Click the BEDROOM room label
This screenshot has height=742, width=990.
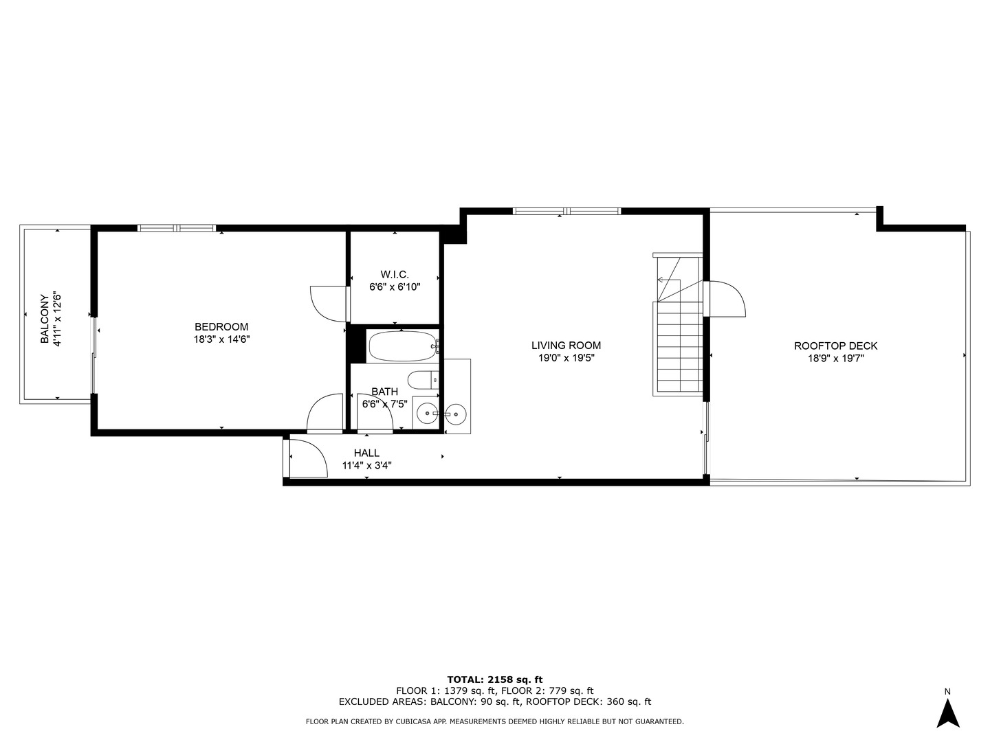pyautogui.click(x=221, y=327)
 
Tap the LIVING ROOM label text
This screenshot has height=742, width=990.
pyautogui.click(x=566, y=346)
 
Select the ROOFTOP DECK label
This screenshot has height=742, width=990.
pyautogui.click(x=835, y=346)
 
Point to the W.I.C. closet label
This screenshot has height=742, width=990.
pyautogui.click(x=395, y=275)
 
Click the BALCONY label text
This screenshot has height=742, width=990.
pyautogui.click(x=45, y=319)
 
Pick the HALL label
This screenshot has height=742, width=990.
pyautogui.click(x=366, y=453)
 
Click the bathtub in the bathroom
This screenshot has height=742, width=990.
pyautogui.click(x=402, y=346)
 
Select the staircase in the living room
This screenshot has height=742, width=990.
pyautogui.click(x=678, y=344)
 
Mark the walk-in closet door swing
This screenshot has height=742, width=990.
pyautogui.click(x=329, y=303)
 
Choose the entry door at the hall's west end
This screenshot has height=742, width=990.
pyautogui.click(x=307, y=458)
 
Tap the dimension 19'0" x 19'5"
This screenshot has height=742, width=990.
pyautogui.click(x=566, y=358)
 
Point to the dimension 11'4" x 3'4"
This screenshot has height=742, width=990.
pyautogui.click(x=366, y=465)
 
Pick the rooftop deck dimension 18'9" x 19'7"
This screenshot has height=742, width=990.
pyautogui.click(x=835, y=358)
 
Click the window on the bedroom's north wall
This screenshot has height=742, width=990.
pyautogui.click(x=177, y=228)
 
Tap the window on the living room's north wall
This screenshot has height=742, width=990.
pyautogui.click(x=567, y=211)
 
